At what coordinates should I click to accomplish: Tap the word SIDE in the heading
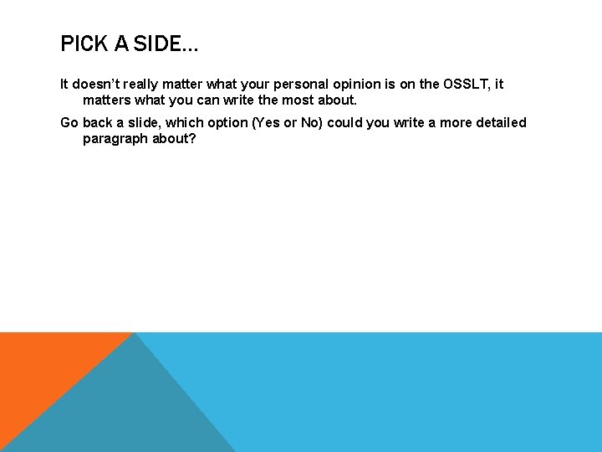156,44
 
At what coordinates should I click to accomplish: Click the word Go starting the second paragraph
69,123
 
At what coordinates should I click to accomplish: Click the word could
348,123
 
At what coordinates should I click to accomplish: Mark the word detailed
502,123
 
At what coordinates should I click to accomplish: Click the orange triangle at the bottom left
42,368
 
